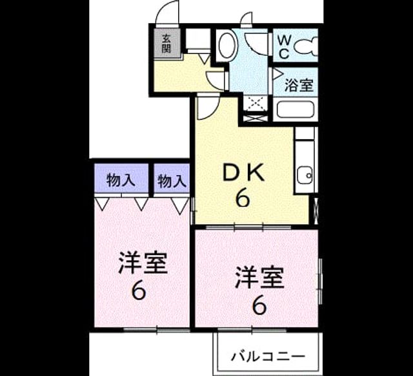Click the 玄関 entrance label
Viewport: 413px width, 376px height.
(166, 43)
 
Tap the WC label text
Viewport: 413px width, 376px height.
(285, 47)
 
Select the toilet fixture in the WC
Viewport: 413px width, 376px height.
(306, 47)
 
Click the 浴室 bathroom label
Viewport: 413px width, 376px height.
(299, 85)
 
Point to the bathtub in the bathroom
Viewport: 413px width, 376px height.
(296, 110)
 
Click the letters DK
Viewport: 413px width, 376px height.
(243, 173)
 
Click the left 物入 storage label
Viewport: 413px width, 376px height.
(121, 180)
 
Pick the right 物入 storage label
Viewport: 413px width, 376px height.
(172, 181)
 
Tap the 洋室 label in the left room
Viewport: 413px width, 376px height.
(143, 263)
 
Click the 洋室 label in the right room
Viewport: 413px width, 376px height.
(259, 277)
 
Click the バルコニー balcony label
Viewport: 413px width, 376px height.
(268, 357)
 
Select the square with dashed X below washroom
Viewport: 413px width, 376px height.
(256, 102)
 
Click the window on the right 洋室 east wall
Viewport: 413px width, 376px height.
(320, 281)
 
